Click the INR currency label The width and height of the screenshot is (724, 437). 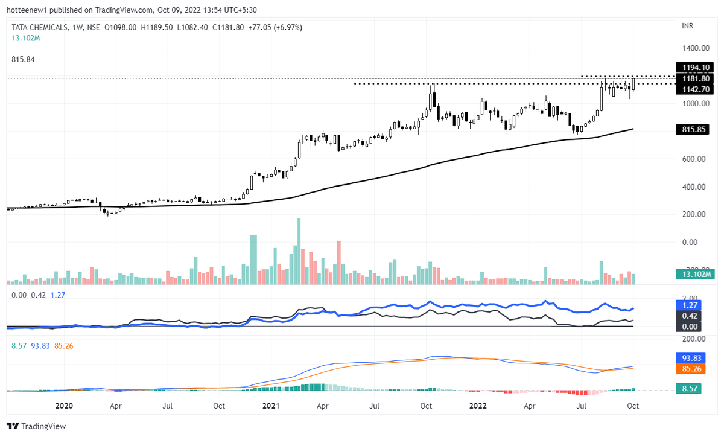[x=687, y=27]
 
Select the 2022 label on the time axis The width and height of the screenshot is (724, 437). [x=478, y=406]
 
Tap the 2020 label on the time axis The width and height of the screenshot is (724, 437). [x=63, y=406]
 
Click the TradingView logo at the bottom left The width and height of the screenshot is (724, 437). [x=37, y=426]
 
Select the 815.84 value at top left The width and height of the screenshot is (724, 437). [x=24, y=59]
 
